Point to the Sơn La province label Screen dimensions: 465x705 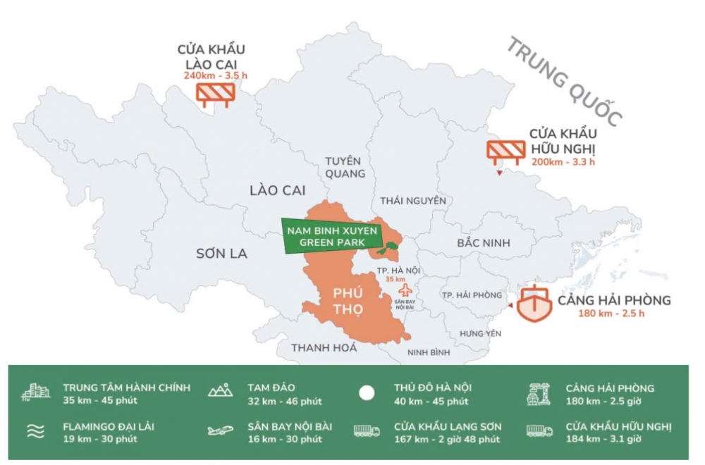point(221,254)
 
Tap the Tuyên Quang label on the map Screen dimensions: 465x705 point(345,166)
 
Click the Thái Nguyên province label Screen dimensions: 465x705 point(413,201)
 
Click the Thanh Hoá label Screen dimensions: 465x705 point(324,347)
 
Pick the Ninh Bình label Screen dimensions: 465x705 point(429,352)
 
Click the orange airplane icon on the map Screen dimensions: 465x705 point(405,290)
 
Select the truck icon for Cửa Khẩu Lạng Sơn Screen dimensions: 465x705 point(367,431)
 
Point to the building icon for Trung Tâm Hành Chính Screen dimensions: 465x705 point(35,392)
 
